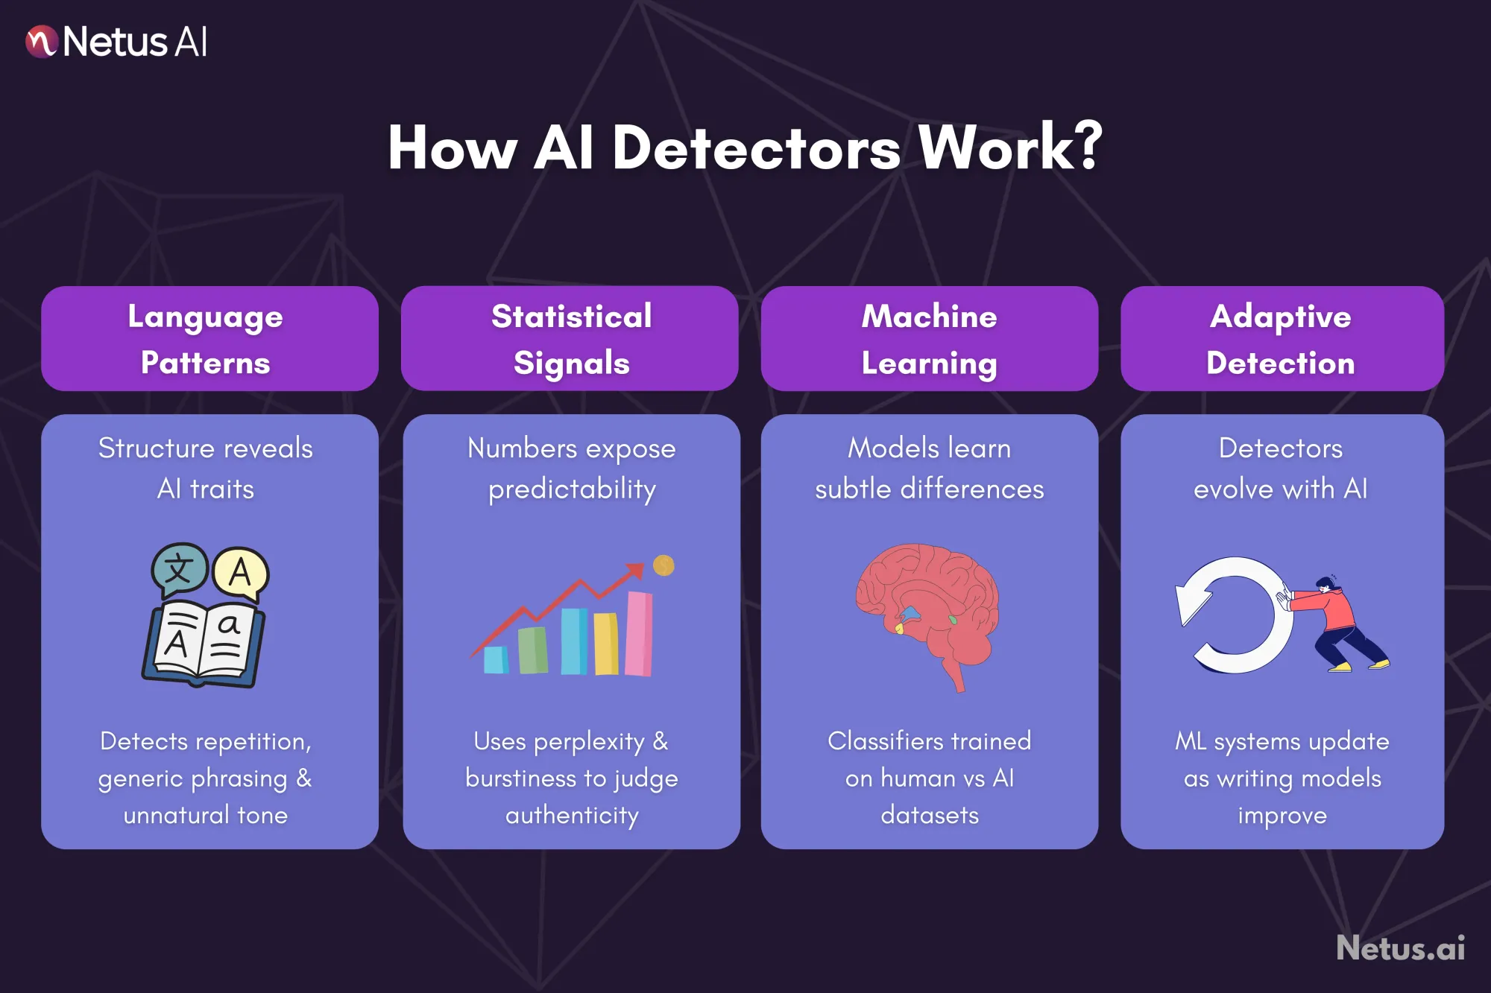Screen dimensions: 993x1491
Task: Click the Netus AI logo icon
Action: point(41,41)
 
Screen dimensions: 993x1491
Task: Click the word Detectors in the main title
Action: point(756,147)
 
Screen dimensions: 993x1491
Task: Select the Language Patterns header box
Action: point(209,339)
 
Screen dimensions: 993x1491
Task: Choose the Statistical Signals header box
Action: point(570,339)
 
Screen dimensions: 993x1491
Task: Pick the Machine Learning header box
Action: point(929,339)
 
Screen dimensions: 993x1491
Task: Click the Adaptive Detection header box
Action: point(1282,339)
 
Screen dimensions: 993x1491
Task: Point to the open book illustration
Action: point(203,644)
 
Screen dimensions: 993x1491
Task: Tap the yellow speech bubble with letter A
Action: point(240,573)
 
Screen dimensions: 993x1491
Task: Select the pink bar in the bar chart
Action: point(639,633)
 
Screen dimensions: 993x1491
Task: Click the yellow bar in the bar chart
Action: point(606,643)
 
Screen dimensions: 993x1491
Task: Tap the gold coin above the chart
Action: point(663,565)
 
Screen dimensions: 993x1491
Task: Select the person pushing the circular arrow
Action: point(1338,624)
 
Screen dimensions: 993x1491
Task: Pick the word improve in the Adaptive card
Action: point(1282,816)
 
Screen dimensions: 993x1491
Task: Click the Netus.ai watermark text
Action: point(1400,948)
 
